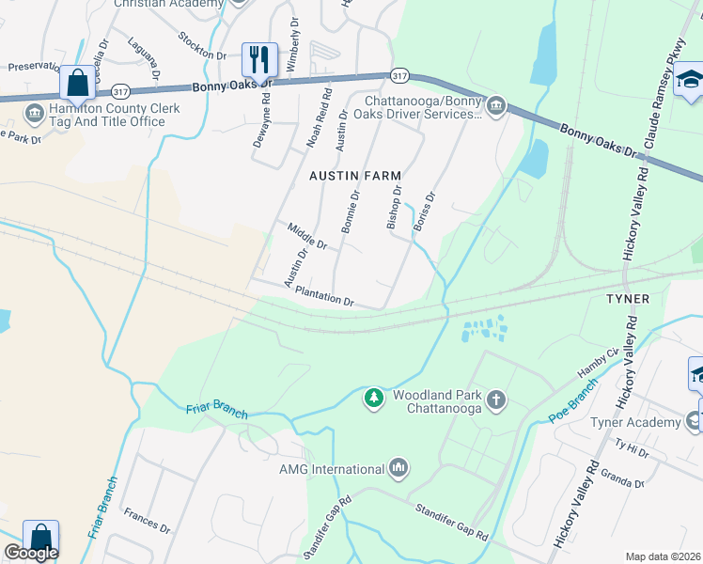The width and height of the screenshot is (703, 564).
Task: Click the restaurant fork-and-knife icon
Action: point(257,60)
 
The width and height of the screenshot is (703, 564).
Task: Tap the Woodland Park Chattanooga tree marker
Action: point(375,399)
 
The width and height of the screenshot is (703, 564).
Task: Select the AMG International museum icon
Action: point(398,468)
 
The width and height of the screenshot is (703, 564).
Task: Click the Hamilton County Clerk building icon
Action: point(36,114)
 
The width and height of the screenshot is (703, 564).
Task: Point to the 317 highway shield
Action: point(400,75)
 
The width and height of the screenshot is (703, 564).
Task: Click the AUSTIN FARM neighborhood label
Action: point(356,176)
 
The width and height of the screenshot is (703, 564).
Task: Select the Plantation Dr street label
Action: point(323,297)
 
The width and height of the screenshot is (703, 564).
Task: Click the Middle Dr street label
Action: point(307,236)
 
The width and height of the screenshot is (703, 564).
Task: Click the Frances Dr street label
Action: point(147,522)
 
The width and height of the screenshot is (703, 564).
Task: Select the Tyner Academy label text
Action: point(635,422)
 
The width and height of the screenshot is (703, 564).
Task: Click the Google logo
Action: point(31,553)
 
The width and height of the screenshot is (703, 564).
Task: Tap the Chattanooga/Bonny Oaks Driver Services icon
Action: point(495,105)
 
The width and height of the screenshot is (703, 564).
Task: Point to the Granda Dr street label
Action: point(622,478)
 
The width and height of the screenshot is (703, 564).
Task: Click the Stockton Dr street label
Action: point(202,45)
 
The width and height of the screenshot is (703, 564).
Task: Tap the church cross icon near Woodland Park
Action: point(496,401)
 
